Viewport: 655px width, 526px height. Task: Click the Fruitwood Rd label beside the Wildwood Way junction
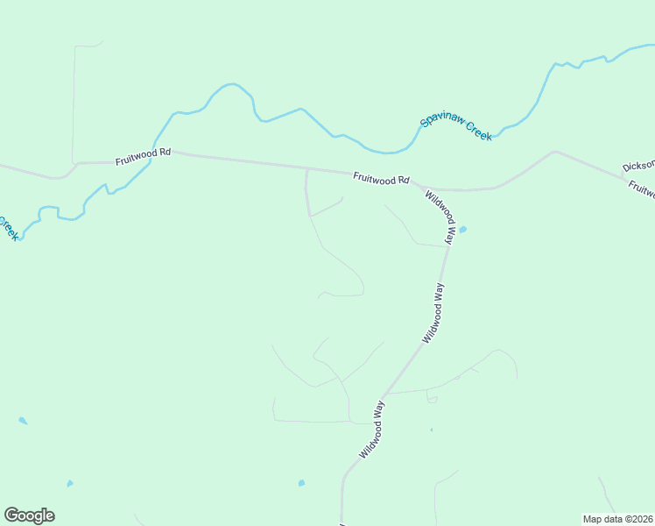(381, 178)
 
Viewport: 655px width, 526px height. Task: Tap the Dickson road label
(638, 165)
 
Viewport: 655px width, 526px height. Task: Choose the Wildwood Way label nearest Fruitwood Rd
(440, 217)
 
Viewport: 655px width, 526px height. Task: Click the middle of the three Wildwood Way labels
(433, 312)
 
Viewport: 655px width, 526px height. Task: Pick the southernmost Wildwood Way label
(372, 430)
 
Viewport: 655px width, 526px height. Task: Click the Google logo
(29, 515)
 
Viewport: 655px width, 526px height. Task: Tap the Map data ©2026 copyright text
(617, 519)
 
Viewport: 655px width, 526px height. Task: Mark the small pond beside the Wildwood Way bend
(462, 230)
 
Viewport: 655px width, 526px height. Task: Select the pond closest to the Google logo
(69, 483)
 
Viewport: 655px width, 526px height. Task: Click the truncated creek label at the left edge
(7, 228)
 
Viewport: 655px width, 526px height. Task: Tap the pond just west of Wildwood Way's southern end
(301, 483)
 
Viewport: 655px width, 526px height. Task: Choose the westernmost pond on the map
(23, 421)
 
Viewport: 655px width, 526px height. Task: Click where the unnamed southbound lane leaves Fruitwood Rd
(306, 170)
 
